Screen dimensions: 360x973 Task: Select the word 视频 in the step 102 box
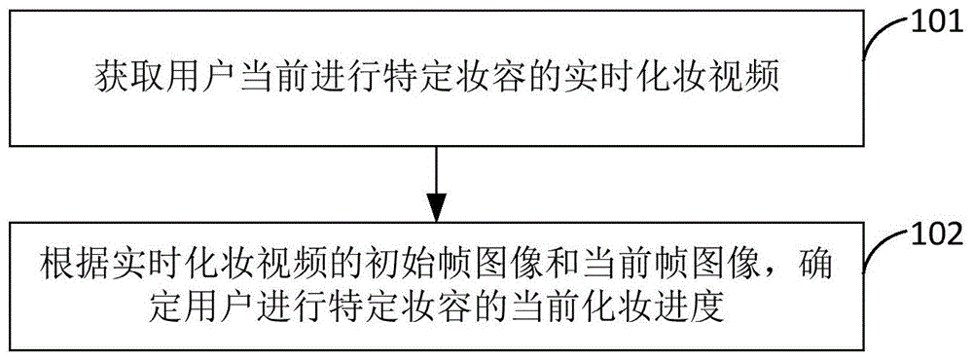283,266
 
